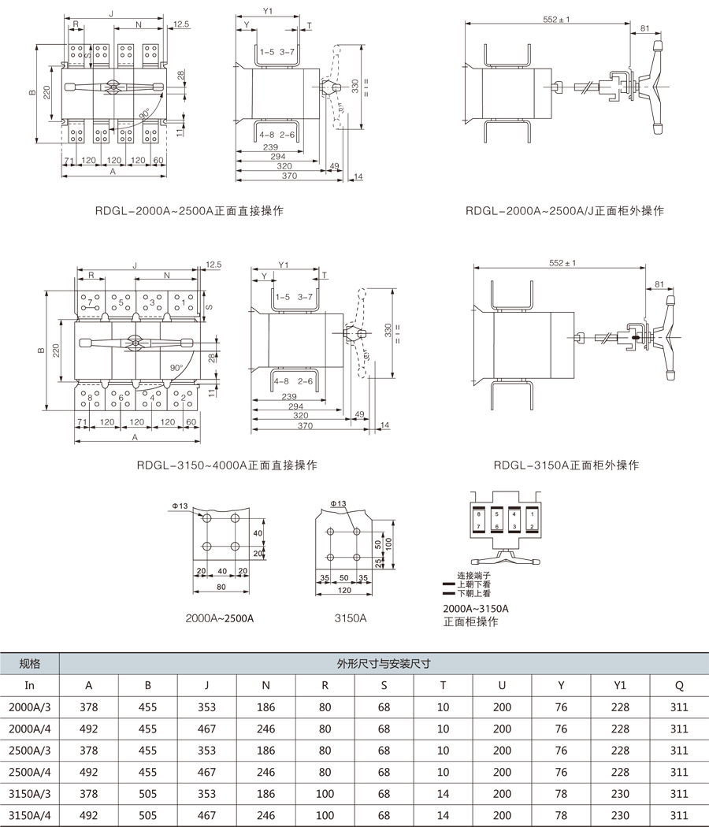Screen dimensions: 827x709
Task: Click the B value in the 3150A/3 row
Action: coord(147,794)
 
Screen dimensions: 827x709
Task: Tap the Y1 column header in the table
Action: coord(620,685)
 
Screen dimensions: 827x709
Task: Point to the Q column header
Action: coord(679,685)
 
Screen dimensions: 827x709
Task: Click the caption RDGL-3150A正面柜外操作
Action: coord(566,465)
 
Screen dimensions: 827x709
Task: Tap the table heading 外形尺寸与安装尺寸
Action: coord(384,663)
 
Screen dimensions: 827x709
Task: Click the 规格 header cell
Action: coord(30,663)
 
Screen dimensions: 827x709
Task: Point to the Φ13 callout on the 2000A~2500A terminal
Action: coord(180,506)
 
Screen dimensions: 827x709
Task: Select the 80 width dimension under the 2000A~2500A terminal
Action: coord(221,586)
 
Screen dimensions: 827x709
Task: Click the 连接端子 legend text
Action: coord(473,576)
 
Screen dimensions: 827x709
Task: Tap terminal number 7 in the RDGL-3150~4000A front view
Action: coord(90,302)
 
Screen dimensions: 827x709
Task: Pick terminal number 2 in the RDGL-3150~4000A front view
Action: coord(184,398)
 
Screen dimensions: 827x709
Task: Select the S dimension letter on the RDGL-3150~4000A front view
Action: coord(209,306)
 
